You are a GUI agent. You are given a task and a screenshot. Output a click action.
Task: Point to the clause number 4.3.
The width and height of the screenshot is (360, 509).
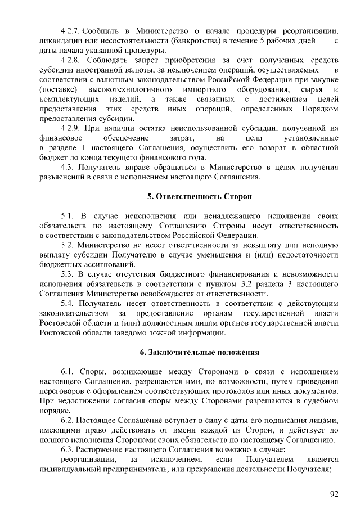(x=67, y=167)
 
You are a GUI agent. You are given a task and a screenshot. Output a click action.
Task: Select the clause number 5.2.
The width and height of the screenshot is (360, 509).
(x=67, y=245)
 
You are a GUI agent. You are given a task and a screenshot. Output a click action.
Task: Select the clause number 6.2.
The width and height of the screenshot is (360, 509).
(x=67, y=420)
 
